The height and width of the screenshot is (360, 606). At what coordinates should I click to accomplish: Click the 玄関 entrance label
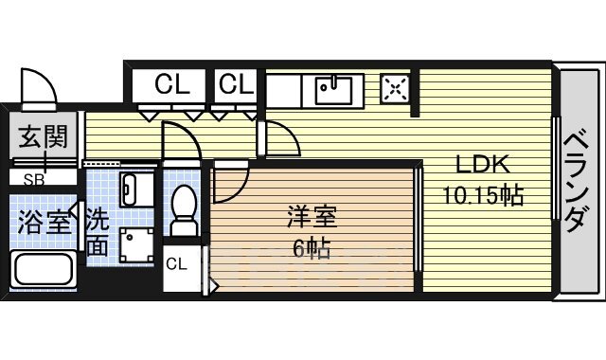point(43,139)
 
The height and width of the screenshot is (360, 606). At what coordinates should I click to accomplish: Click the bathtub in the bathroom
point(42,271)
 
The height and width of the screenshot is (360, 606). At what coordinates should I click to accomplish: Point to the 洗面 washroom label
point(97,233)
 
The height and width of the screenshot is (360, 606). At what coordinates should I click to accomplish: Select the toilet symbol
point(184,208)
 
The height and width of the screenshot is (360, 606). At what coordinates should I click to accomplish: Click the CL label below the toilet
point(177,263)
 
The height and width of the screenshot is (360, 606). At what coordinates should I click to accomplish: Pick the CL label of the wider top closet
point(170,84)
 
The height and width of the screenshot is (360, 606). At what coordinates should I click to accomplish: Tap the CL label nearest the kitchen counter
point(237,84)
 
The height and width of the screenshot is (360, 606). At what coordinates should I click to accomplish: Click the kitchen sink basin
point(333,90)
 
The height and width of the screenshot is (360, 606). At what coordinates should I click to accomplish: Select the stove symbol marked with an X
point(395,90)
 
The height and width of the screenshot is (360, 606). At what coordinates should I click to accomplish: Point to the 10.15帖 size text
point(483,196)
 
